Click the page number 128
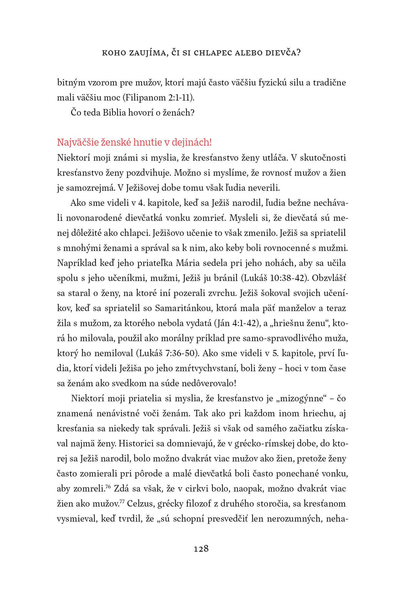(201, 549)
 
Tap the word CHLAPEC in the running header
(213, 53)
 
